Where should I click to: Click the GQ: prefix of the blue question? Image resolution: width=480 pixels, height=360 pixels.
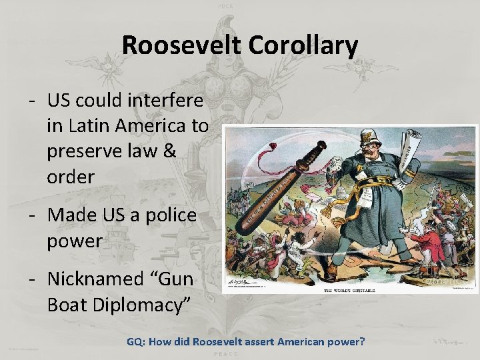coord(136,342)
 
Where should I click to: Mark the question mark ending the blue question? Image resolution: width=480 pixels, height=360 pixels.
coord(362,342)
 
